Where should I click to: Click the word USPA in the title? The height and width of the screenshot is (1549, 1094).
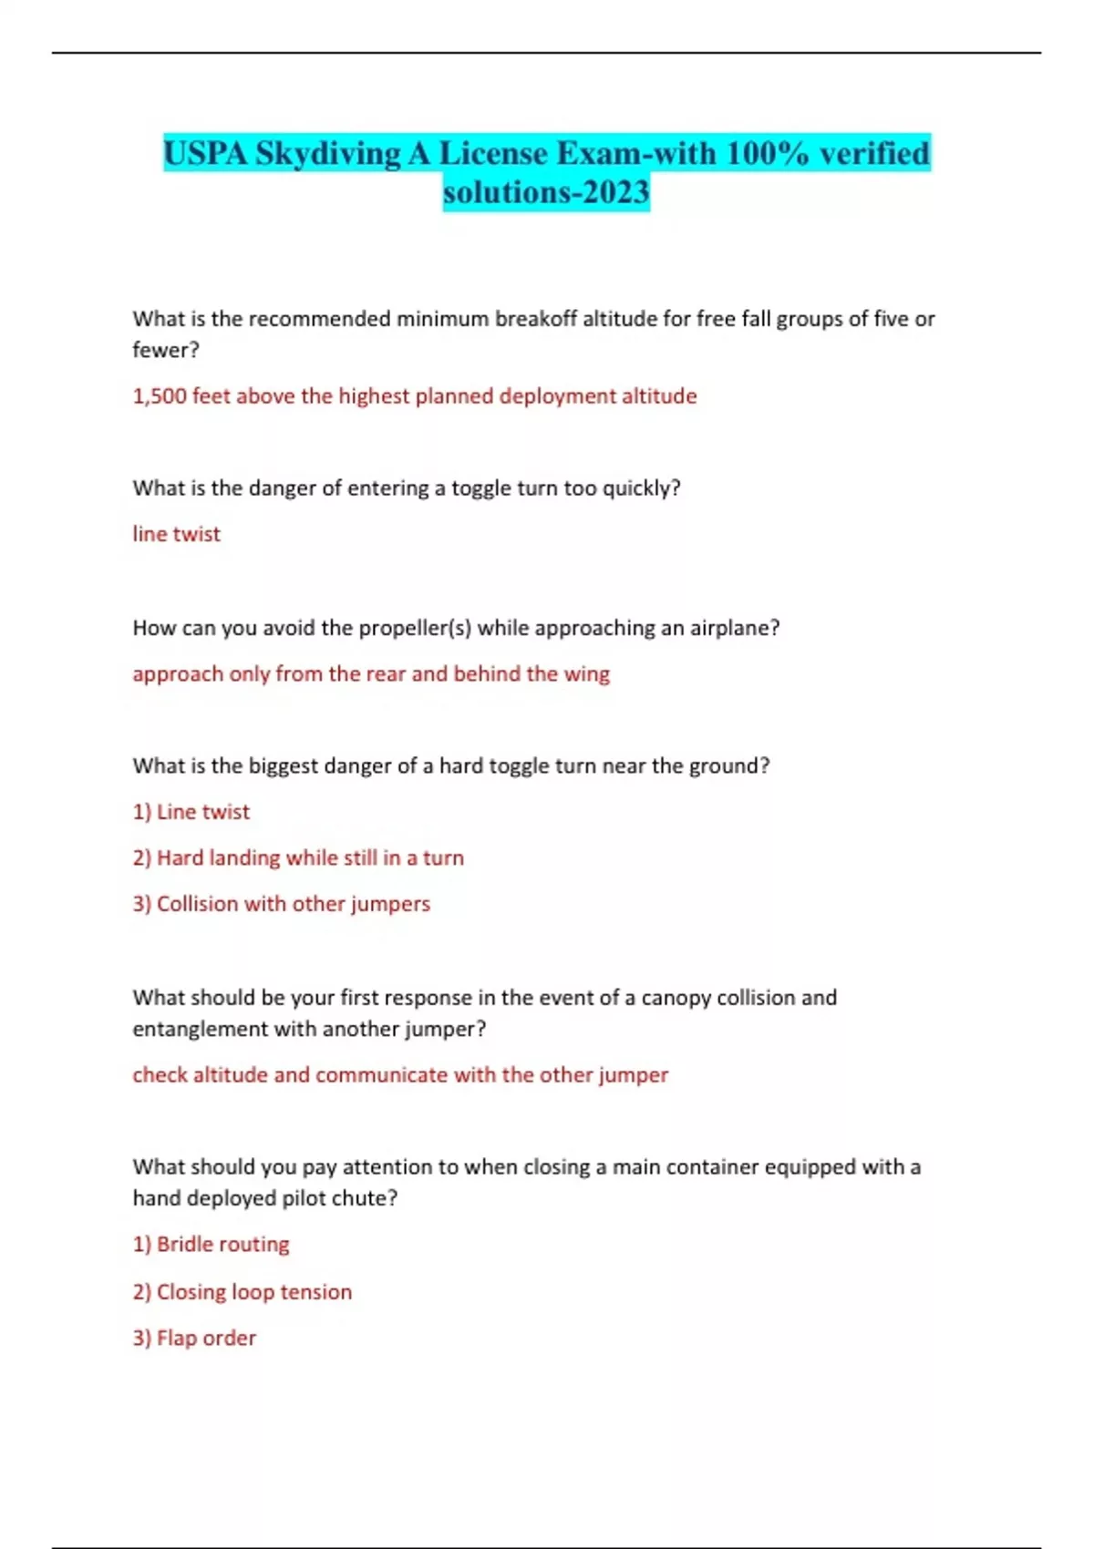(x=206, y=153)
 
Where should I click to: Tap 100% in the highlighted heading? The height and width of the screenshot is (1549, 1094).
(x=768, y=153)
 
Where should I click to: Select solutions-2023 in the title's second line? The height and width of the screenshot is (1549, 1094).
(x=546, y=192)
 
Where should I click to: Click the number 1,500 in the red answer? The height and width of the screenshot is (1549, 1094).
(x=159, y=396)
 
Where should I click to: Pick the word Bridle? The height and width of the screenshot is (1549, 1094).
(x=184, y=1245)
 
